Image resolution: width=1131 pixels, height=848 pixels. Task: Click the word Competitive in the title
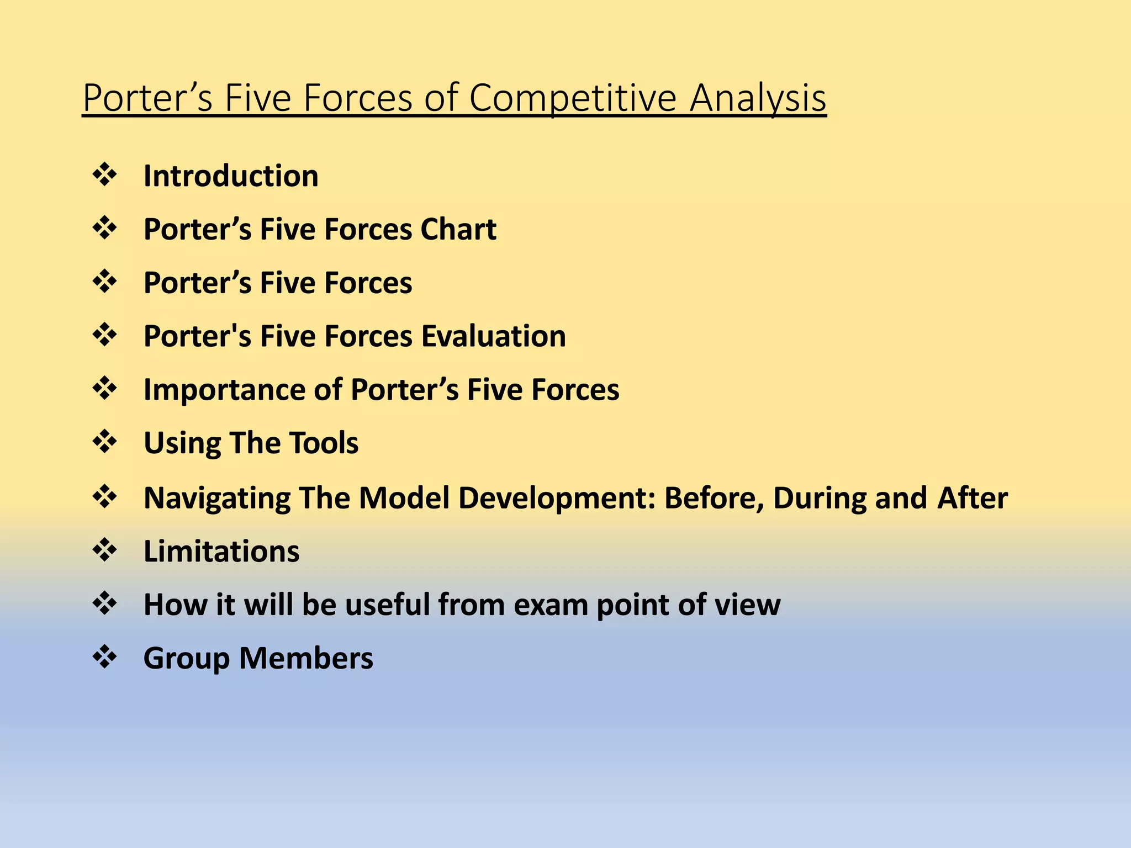(x=573, y=98)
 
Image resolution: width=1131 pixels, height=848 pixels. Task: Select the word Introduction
(x=231, y=176)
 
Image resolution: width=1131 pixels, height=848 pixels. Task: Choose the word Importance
(x=224, y=390)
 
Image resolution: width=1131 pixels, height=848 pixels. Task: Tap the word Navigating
(x=216, y=498)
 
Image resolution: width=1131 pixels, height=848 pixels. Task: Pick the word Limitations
(x=221, y=551)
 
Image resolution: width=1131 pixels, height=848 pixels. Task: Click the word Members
(x=306, y=658)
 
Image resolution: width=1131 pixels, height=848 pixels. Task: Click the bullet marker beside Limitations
(x=105, y=550)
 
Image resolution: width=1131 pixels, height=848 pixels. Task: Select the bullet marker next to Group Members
(x=105, y=657)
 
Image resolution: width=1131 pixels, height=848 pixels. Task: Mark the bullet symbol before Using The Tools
(x=105, y=442)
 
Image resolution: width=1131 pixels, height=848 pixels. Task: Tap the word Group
(x=186, y=658)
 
